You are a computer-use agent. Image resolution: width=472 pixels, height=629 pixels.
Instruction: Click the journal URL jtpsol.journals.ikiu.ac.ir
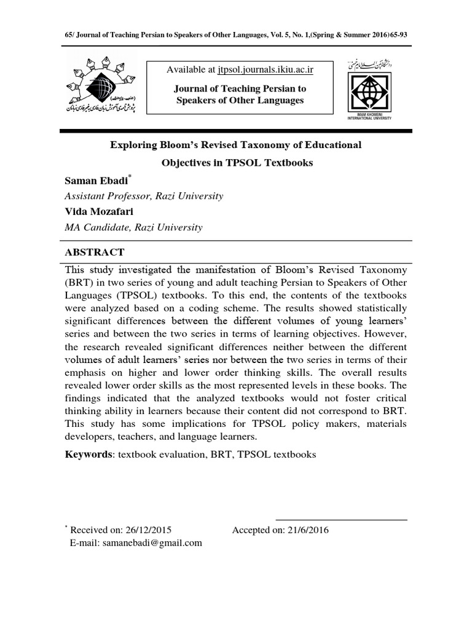(x=261, y=70)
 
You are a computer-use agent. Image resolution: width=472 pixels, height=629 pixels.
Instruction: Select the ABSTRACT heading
(x=95, y=252)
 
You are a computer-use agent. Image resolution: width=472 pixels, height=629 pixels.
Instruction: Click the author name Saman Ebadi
(x=95, y=181)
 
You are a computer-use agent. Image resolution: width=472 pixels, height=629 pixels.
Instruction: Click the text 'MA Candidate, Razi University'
(x=133, y=227)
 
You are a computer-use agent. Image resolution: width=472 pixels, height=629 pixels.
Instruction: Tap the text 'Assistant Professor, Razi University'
(x=144, y=197)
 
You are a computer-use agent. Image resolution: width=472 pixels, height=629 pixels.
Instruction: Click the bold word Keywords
(x=88, y=455)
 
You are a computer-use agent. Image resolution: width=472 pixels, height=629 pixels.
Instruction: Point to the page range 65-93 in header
(x=395, y=35)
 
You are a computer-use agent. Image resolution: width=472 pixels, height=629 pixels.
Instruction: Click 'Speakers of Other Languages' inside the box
(x=240, y=100)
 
